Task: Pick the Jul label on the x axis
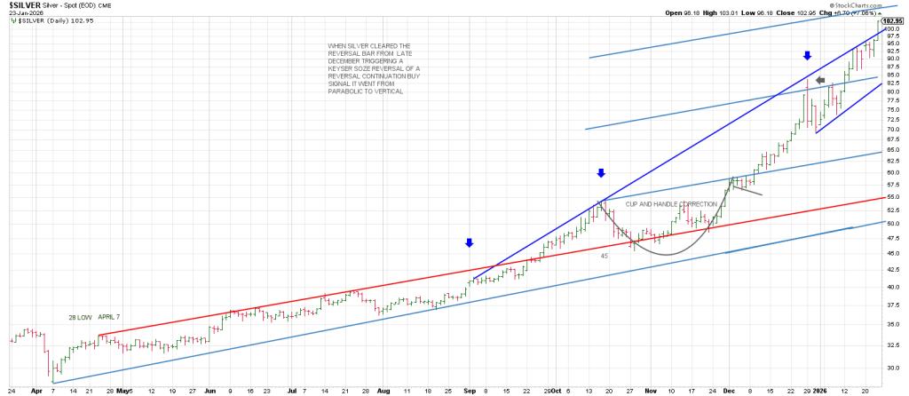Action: pos(292,390)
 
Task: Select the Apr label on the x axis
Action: pos(36,390)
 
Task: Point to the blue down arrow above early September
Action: pos(470,242)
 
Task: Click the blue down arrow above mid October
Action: pos(601,173)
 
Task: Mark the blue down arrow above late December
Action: pos(807,56)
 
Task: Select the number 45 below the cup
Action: pos(604,256)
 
